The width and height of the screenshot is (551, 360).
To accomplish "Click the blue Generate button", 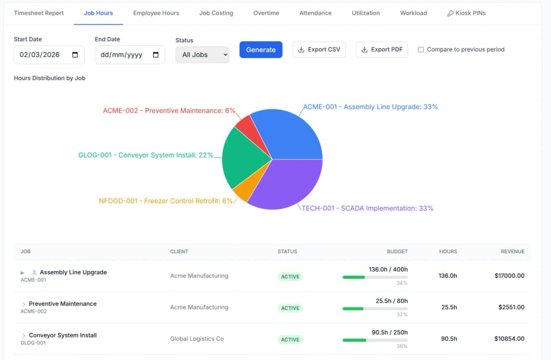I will tap(261, 50).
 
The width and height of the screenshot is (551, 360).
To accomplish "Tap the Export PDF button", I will tap(382, 50).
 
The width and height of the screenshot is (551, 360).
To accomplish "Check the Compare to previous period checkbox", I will tap(421, 50).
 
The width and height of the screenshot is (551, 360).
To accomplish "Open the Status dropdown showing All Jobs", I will tap(202, 55).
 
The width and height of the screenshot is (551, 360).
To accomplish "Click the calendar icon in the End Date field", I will tap(156, 55).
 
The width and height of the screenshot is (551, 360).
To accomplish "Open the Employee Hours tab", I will tap(156, 13).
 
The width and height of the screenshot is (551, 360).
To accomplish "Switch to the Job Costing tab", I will tap(216, 13).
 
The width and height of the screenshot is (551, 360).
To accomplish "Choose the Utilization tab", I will tap(366, 13).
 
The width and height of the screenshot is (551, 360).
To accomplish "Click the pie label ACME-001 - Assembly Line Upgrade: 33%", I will tap(370, 107).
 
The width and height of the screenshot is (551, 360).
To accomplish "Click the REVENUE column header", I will tap(512, 251).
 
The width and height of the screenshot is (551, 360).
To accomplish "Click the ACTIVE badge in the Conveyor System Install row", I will tap(290, 340).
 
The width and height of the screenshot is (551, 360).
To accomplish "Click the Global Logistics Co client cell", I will tap(197, 339).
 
